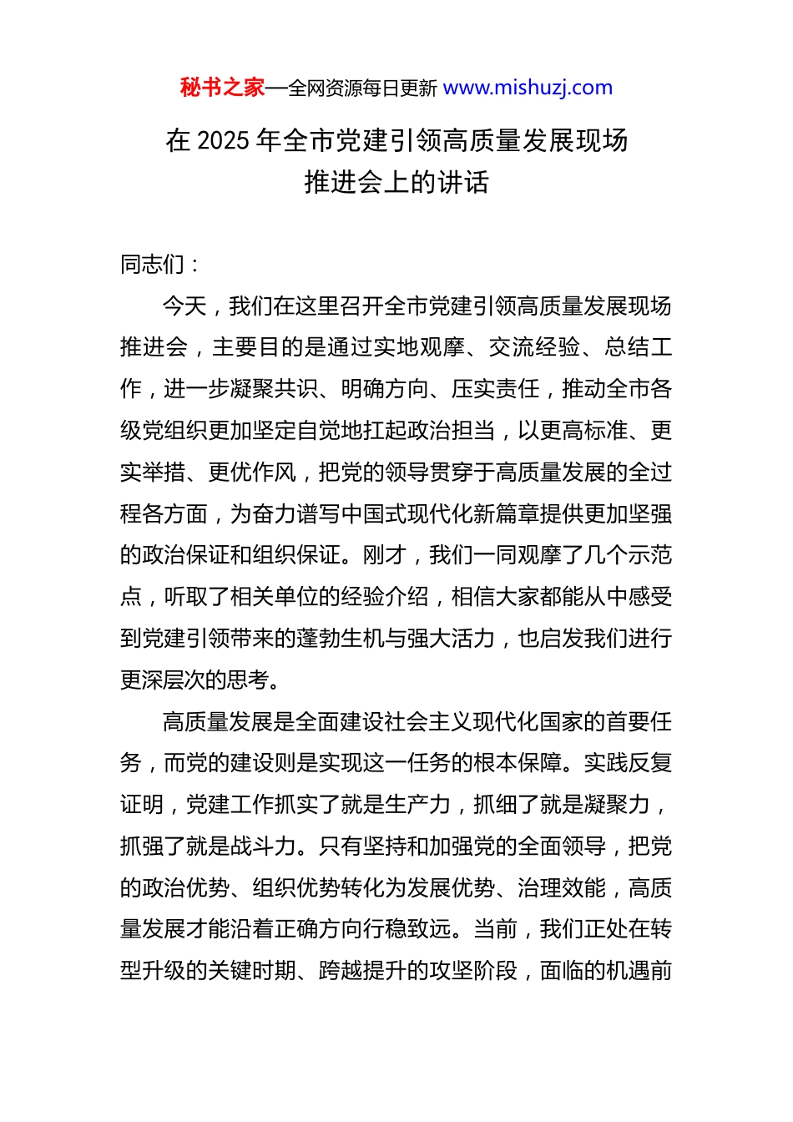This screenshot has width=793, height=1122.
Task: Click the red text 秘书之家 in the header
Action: coord(222,88)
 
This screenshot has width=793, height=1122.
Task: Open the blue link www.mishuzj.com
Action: coord(528,88)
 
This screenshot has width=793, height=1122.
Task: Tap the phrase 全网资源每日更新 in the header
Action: coord(362,88)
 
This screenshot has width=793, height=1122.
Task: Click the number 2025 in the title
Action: coord(225,140)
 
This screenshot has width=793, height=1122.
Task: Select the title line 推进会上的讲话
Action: coord(396,182)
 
